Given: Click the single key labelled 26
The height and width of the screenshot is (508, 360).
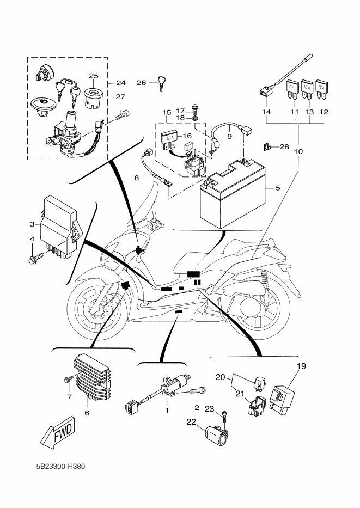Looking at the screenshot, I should [x=161, y=82].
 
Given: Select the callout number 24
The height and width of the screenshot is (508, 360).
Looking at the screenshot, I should [x=120, y=83].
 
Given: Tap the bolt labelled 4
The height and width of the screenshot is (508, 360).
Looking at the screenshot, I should [x=34, y=257].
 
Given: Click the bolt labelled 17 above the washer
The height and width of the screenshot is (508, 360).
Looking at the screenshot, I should [x=195, y=110].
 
